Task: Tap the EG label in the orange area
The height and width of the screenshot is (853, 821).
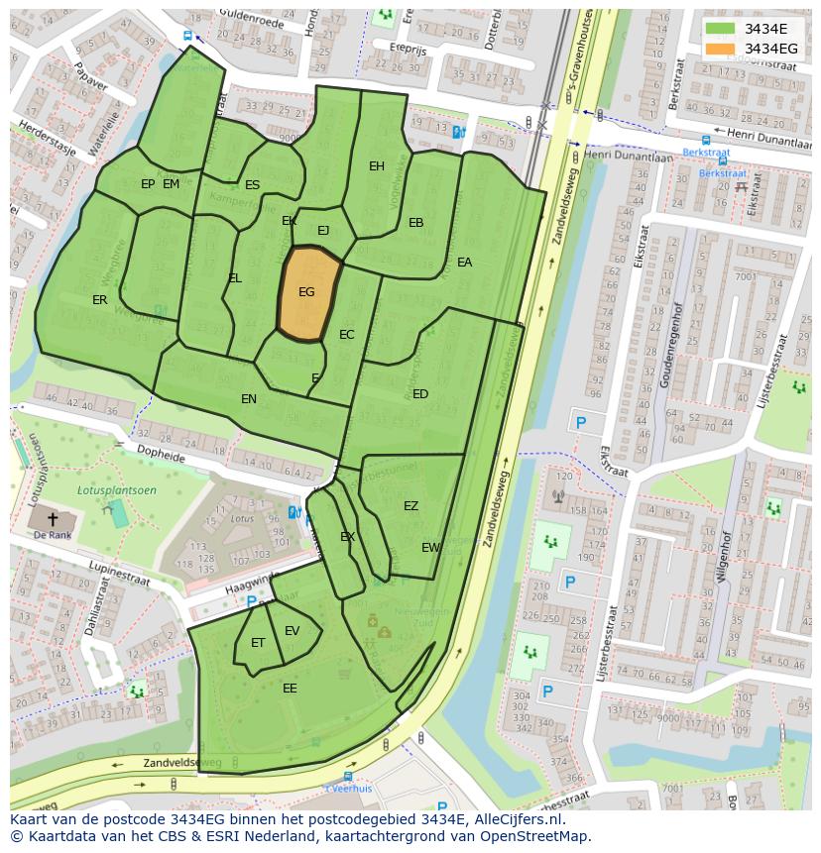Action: (306, 292)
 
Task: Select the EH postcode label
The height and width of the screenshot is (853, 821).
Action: (377, 166)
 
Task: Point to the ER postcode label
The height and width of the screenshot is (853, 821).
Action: (100, 300)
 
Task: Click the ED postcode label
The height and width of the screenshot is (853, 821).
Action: (420, 394)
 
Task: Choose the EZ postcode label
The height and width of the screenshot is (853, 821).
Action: (410, 506)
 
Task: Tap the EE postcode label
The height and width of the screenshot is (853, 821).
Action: (290, 689)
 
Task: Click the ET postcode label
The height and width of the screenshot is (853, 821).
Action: (258, 643)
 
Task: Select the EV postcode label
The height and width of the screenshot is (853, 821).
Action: (292, 631)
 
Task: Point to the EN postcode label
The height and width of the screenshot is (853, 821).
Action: (249, 399)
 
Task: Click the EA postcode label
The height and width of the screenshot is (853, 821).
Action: (464, 263)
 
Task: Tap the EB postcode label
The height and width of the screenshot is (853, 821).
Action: (416, 223)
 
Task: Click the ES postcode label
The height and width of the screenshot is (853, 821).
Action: (252, 185)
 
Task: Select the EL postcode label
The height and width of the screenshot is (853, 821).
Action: (235, 278)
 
